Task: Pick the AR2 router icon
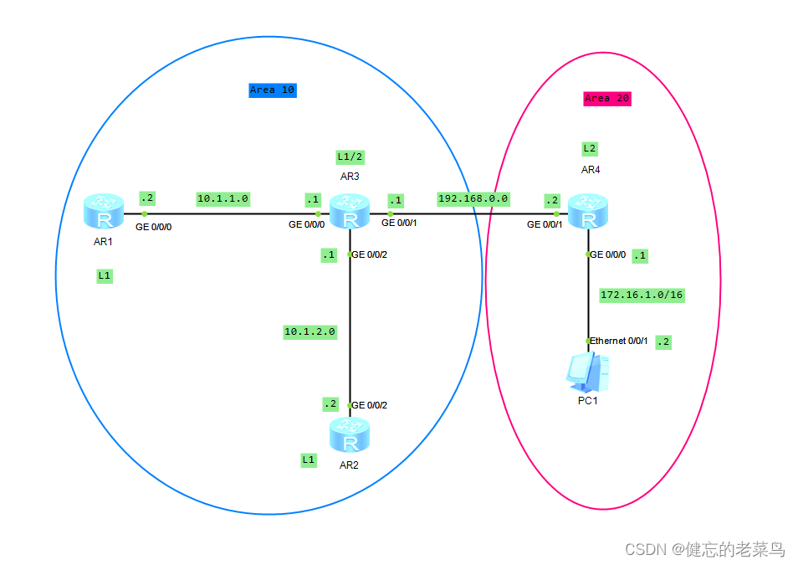click(x=350, y=434)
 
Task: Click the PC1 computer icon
click(x=588, y=372)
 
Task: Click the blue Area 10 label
click(x=273, y=90)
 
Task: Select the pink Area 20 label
click(x=606, y=98)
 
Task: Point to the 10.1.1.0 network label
click(x=223, y=198)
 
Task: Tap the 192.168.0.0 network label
click(x=473, y=198)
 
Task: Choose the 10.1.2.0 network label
click(x=309, y=331)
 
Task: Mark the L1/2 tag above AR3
click(x=350, y=157)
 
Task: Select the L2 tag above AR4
click(x=589, y=148)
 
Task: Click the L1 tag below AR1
click(x=105, y=275)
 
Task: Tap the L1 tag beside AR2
click(x=309, y=460)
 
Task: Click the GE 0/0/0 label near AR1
click(x=153, y=226)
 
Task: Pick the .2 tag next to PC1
click(x=663, y=342)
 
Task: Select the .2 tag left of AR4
click(x=551, y=200)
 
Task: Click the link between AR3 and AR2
click(x=350, y=335)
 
